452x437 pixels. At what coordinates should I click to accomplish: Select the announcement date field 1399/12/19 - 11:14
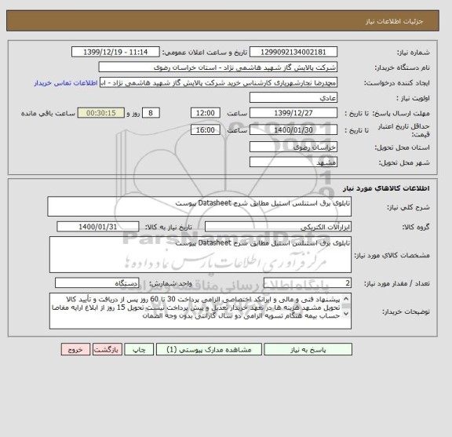[x=120, y=52]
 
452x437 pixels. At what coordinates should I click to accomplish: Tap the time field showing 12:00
[x=206, y=113]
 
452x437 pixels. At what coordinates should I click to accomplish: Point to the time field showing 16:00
[x=206, y=129]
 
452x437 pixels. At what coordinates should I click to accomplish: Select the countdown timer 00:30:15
[x=103, y=113]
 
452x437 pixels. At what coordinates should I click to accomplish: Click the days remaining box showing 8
[x=148, y=113]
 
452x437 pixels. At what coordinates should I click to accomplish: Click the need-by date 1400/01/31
[x=98, y=227]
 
